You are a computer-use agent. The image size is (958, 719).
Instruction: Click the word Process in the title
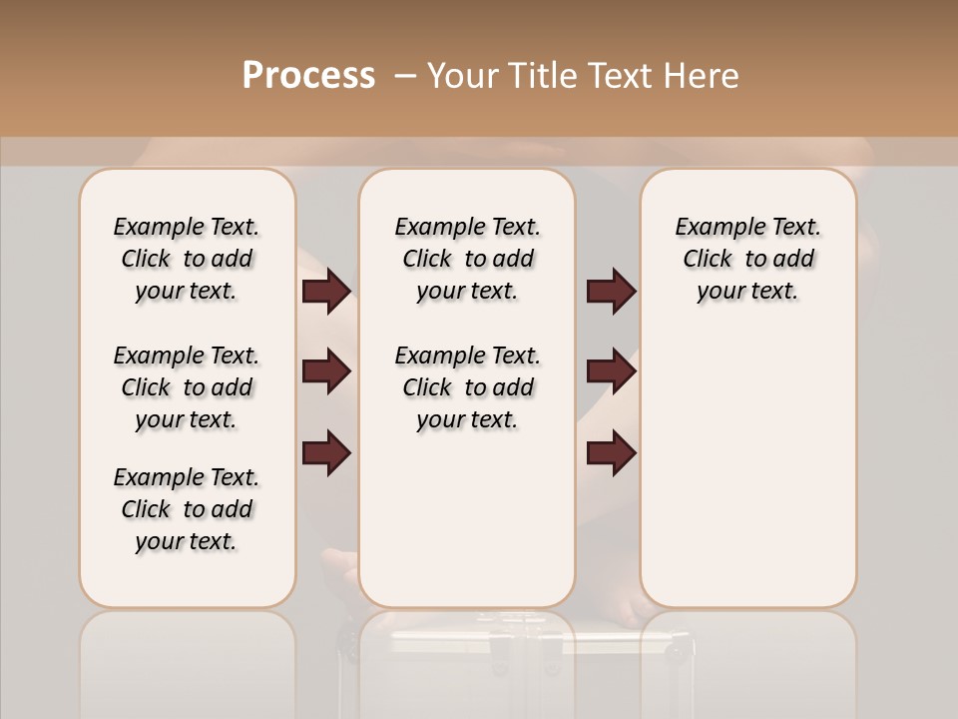tap(308, 75)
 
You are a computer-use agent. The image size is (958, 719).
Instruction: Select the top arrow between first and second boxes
tap(326, 292)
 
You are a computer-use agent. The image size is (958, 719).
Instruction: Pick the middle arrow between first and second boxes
tap(326, 371)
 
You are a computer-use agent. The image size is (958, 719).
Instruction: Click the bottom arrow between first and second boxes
tap(326, 452)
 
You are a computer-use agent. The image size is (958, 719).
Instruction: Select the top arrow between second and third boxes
tap(611, 292)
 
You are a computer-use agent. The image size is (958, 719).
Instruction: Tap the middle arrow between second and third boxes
tap(611, 371)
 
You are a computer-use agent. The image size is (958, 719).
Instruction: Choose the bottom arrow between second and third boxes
tap(611, 452)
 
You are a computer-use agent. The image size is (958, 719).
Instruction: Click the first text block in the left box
tap(187, 259)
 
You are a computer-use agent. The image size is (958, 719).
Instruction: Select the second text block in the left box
tap(187, 387)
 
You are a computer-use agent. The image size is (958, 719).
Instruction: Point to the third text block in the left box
tap(187, 509)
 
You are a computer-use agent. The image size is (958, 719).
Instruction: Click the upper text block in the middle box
tap(467, 259)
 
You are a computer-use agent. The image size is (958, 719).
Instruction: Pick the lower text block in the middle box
tap(467, 387)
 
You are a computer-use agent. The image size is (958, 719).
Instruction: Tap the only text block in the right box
tap(747, 259)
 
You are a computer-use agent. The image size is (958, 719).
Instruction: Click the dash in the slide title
tap(405, 76)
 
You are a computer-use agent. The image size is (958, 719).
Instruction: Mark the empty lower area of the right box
tap(747, 469)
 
